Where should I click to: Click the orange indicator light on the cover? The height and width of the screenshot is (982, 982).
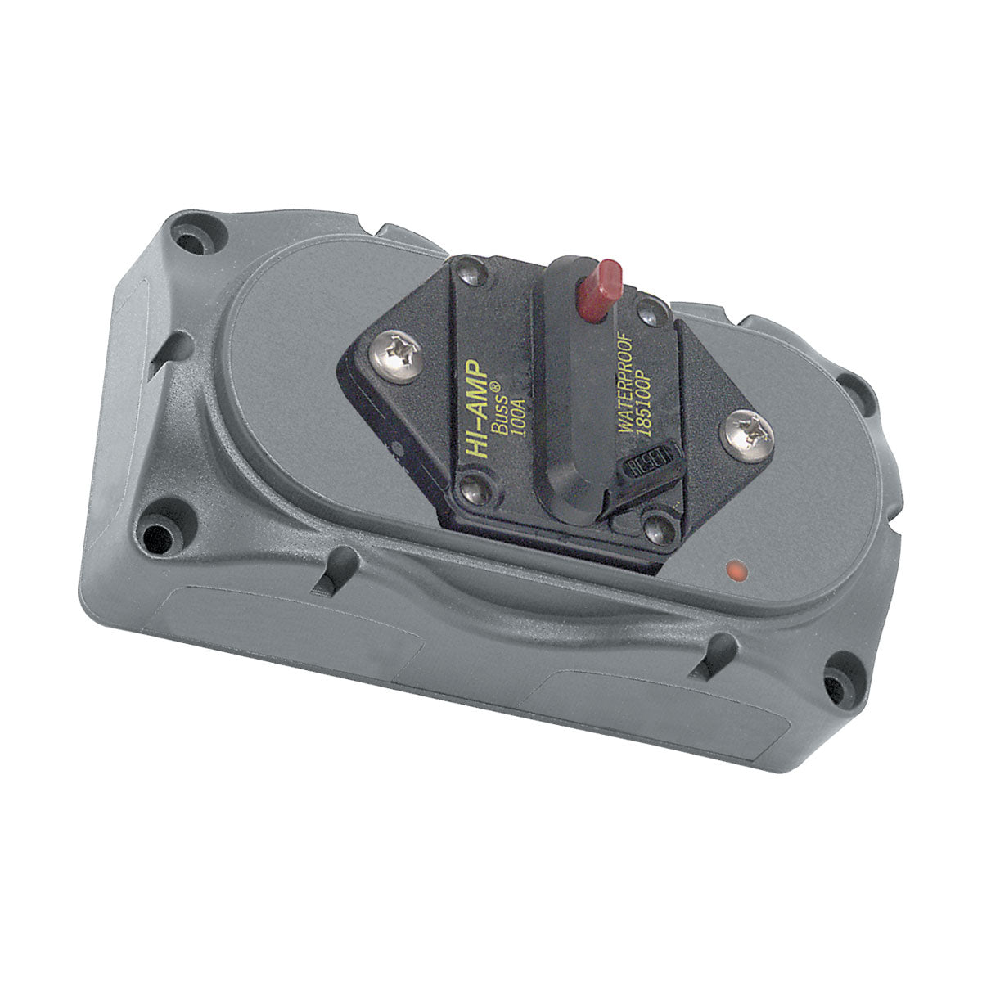point(734,570)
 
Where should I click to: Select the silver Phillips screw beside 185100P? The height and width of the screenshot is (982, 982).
point(746,433)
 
